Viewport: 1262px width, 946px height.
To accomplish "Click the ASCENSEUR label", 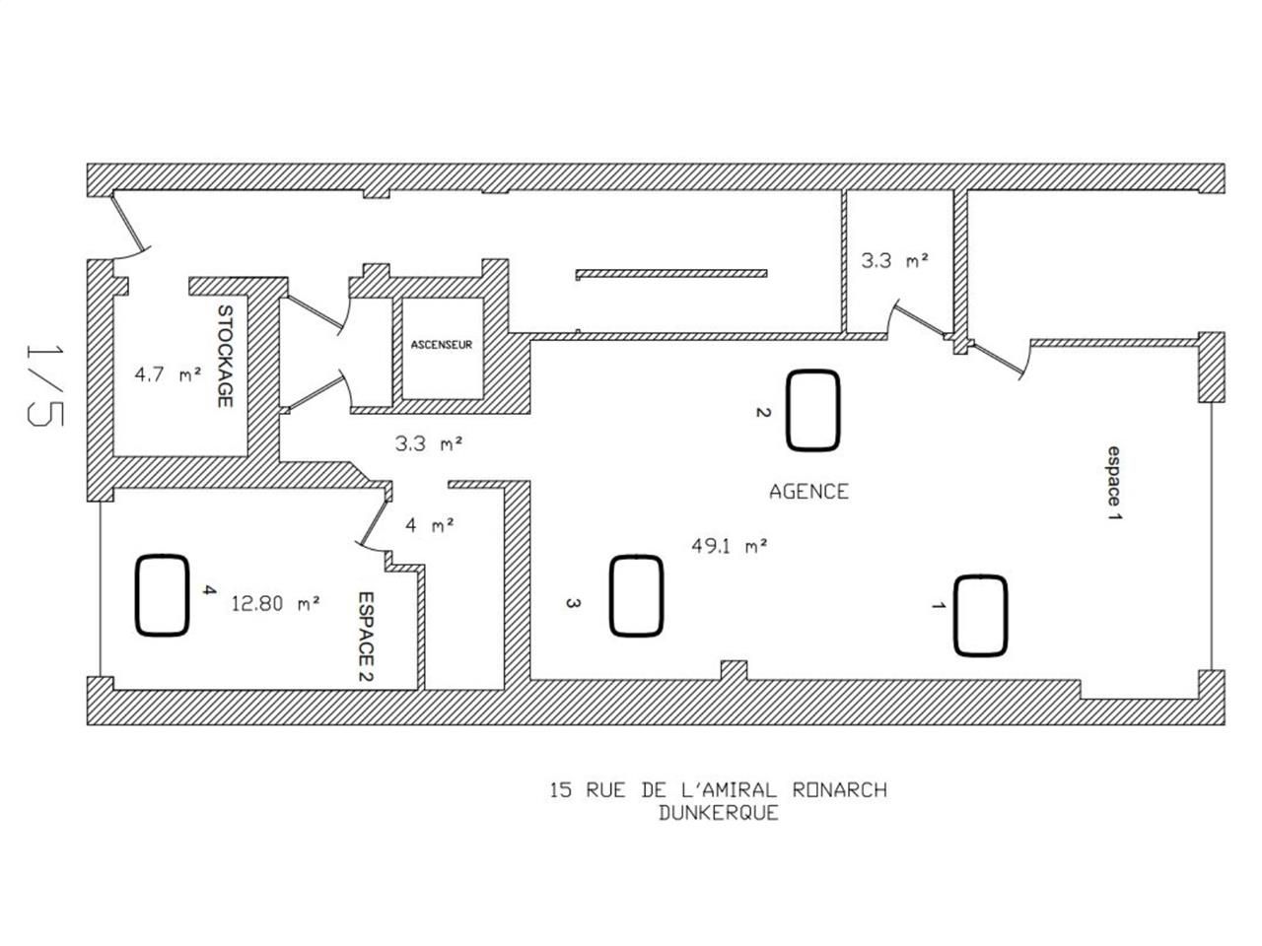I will tap(442, 345).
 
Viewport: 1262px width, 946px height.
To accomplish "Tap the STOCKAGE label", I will tap(225, 357).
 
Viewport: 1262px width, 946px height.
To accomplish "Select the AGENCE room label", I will tap(808, 491).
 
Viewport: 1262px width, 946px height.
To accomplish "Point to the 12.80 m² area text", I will tap(275, 603).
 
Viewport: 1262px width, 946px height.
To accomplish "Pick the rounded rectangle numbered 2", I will tap(813, 410).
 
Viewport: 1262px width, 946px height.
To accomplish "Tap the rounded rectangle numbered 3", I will tap(636, 595).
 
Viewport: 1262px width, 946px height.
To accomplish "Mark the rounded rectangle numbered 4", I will tap(162, 594).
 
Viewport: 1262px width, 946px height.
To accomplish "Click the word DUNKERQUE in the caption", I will tap(718, 814).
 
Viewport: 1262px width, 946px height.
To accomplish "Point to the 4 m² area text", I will tap(430, 525).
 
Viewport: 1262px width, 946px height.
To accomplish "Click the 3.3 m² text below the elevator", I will tap(429, 443).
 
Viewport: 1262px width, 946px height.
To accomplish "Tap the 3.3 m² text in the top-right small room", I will tap(895, 261).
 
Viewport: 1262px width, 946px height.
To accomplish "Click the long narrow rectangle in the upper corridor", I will tap(671, 273).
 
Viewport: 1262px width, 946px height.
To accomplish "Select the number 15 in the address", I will tap(561, 790).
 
